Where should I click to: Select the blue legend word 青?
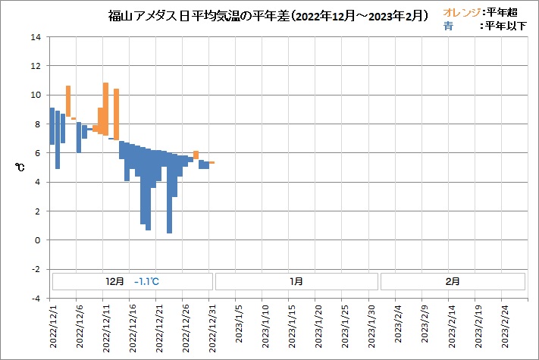(448, 26)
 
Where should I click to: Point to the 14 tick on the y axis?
(35, 37)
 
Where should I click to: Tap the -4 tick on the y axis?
(35, 298)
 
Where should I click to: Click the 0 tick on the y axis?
(36, 240)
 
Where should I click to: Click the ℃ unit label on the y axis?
(20, 167)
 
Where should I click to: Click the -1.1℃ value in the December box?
(146, 281)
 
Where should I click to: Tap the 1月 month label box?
(296, 281)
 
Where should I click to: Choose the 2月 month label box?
(452, 281)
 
